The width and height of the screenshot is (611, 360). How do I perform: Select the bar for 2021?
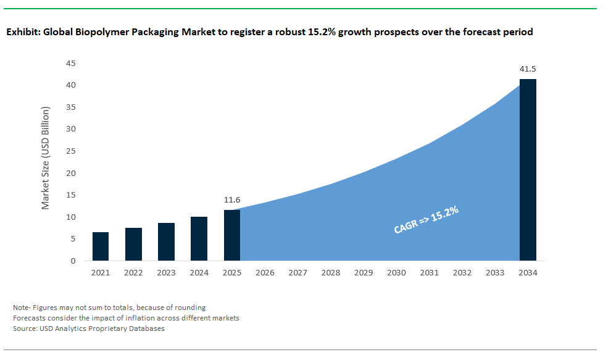[x=101, y=246]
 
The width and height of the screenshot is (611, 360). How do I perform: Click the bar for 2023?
[x=166, y=241]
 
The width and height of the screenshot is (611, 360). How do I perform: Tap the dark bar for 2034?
[x=528, y=170]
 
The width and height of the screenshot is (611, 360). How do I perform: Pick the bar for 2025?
[x=231, y=235]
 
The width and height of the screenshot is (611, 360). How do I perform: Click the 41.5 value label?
[x=528, y=69]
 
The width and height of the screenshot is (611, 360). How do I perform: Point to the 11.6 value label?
[x=231, y=200]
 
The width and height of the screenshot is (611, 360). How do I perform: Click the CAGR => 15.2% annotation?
[x=426, y=220]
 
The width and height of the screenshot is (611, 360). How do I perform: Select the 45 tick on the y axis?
[x=71, y=63]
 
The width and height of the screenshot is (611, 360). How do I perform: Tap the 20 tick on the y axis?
[x=71, y=173]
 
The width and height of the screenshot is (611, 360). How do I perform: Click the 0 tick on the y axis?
[x=73, y=261]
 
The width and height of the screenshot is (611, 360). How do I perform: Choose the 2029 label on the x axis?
[x=363, y=273]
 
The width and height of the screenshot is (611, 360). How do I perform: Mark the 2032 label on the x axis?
[x=462, y=273]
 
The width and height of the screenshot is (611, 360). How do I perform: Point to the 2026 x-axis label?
[x=264, y=273]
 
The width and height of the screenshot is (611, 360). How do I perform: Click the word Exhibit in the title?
[x=22, y=32]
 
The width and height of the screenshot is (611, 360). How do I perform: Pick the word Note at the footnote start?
[x=20, y=307]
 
